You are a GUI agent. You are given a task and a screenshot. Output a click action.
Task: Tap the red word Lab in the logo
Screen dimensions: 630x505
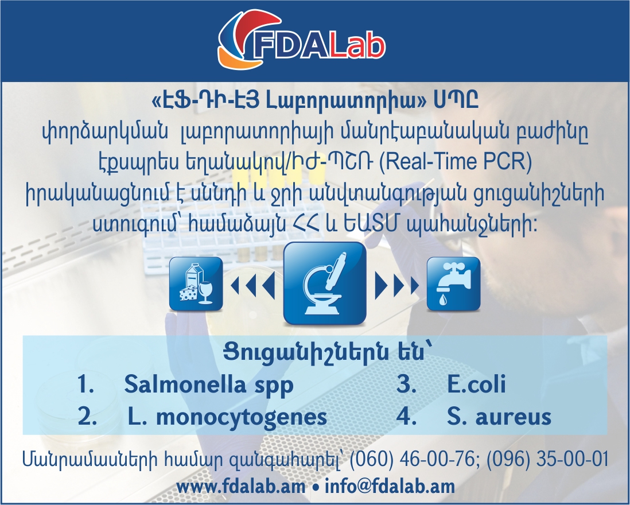[x=356, y=46]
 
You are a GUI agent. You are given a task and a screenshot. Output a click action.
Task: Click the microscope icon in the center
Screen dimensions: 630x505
[x=325, y=283]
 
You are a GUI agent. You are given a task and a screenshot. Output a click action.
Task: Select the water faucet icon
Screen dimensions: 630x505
[x=453, y=284]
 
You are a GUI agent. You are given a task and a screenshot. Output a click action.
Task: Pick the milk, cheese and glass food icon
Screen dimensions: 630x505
[x=196, y=284]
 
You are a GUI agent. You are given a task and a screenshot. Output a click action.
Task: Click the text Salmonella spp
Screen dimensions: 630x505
[x=209, y=385]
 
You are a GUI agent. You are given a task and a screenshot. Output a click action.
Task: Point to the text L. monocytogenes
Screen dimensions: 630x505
[x=227, y=417]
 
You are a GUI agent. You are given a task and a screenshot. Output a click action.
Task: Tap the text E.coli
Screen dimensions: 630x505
[x=476, y=384]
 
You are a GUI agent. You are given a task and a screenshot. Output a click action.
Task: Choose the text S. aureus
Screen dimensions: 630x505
[x=499, y=417]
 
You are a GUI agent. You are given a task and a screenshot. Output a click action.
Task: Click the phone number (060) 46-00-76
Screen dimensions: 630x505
[x=412, y=459]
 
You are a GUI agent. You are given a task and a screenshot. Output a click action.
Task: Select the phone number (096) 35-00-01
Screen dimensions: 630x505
[x=547, y=459]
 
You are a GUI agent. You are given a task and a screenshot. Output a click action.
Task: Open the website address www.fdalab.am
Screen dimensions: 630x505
[x=240, y=487]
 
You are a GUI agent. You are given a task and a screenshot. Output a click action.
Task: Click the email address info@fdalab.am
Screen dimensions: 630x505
[x=390, y=487]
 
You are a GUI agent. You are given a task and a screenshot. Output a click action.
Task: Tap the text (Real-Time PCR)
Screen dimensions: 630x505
[x=456, y=161]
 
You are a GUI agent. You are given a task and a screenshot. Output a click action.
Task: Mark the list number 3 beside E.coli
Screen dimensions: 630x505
[x=406, y=384]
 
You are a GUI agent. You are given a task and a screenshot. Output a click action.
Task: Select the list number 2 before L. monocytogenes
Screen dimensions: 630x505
[x=87, y=417]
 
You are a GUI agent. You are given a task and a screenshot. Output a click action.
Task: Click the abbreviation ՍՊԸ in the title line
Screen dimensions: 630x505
[x=456, y=100]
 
